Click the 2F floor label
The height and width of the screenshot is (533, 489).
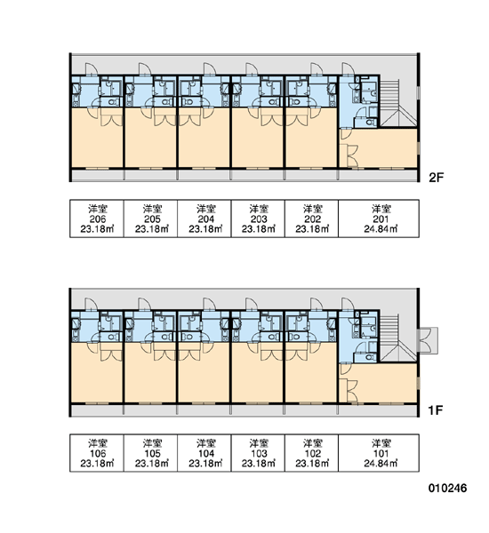pos(437,178)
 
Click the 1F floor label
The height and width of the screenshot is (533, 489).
pos(436,410)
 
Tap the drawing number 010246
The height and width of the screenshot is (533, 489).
pos(447,488)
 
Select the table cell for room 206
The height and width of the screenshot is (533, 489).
pos(97,219)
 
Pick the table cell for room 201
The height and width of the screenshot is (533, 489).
pos(379,219)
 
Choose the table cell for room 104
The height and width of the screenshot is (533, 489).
pos(204,453)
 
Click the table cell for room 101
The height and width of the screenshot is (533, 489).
pos(379,453)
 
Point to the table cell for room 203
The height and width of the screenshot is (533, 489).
pos(258,219)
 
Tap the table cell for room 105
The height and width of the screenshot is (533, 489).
pos(150,453)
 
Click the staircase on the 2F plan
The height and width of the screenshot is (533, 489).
pos(397,103)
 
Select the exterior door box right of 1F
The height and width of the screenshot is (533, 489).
pos(428,340)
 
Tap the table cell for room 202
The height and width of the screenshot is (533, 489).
pos(312,219)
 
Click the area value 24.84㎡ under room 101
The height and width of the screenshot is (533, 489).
pos(381,463)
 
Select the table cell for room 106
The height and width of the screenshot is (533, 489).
pos(97,453)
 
